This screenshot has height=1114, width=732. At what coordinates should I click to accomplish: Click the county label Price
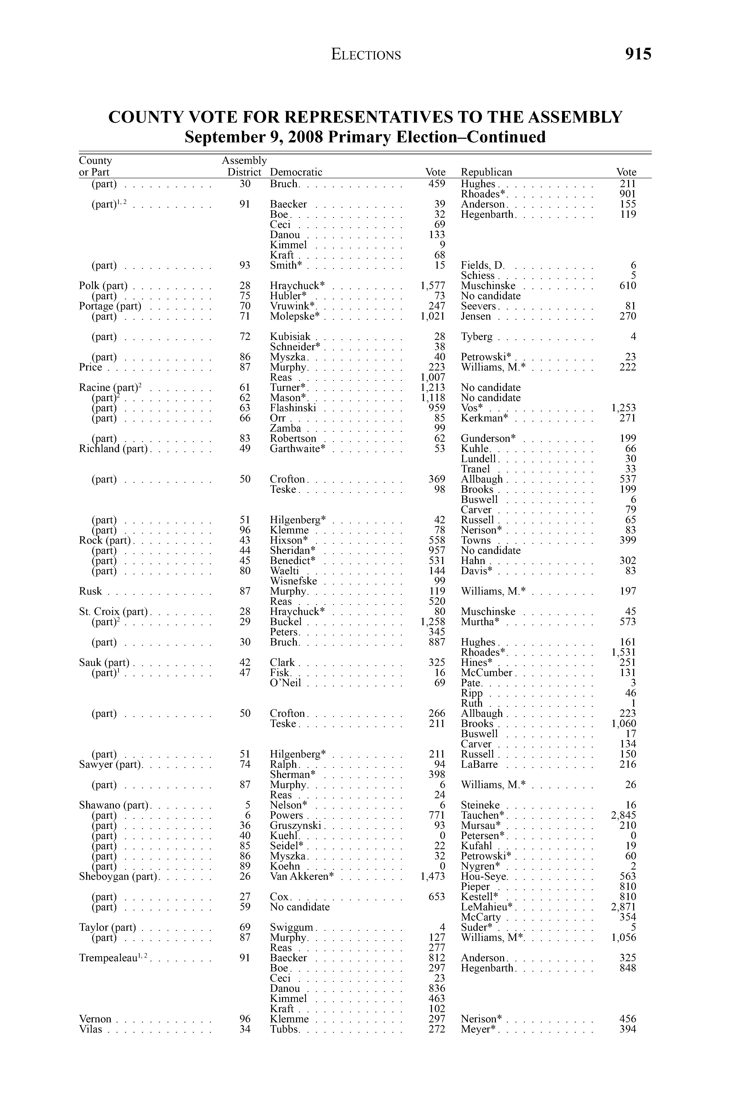pos(90,368)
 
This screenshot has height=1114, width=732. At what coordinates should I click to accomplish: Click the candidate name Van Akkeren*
pos(301,876)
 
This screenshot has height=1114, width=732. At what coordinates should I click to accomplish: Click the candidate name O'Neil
pos(286,683)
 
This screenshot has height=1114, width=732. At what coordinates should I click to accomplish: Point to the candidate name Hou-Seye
pos(484,876)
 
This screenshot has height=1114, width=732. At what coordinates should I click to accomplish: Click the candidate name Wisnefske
pos(293,581)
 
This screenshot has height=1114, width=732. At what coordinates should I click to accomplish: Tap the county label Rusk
pos(90,591)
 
